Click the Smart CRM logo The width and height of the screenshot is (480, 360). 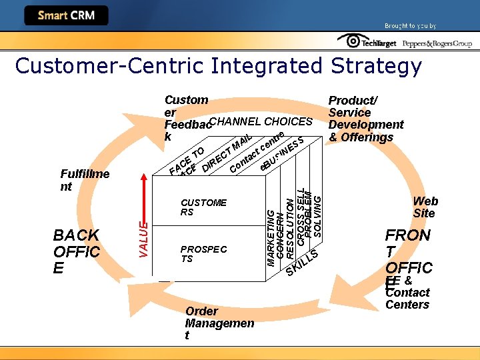coord(66,15)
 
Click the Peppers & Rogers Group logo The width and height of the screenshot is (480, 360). coord(437,43)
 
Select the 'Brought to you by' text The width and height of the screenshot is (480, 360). coord(410,26)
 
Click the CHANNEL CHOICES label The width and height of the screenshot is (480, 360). coord(261,121)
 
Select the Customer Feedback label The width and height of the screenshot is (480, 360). coord(187,118)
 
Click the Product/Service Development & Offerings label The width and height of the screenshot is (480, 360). coord(365,119)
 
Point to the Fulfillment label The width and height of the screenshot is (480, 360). coord(85,180)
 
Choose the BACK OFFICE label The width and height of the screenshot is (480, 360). coord(77,251)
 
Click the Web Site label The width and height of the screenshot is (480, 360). coord(425,207)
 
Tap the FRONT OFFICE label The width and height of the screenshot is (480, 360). coord(409,252)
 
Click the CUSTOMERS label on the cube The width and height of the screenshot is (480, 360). coord(203,207)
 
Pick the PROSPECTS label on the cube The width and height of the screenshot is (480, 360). coord(203,253)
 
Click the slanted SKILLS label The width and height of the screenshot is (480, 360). coord(303,261)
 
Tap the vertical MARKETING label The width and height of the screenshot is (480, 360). coord(271,237)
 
